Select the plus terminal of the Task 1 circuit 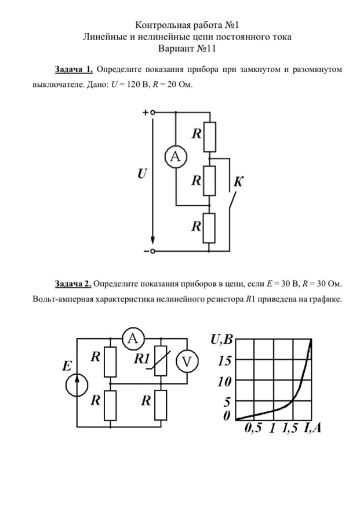[152, 113]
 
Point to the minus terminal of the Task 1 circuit [152, 251]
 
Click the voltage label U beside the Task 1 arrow [141, 173]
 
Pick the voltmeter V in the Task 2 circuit [187, 361]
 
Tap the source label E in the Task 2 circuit [67, 366]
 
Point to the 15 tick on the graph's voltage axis [224, 361]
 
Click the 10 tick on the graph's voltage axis [224, 382]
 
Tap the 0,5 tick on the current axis [253, 429]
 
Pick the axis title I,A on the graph [311, 429]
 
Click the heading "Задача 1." [74, 70]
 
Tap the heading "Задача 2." [73, 284]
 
